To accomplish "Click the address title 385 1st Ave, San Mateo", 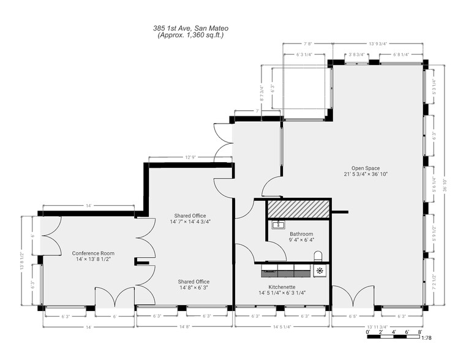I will [187, 28].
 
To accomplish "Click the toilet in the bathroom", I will [317, 255].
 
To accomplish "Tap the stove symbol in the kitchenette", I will [320, 270].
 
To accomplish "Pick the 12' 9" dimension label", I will [190, 157].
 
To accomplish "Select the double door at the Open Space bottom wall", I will [351, 297].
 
